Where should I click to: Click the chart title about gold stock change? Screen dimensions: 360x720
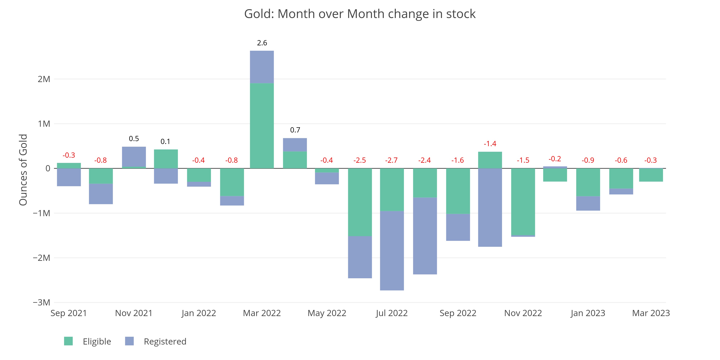[360, 14]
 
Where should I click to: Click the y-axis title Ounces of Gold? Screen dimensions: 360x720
[23, 170]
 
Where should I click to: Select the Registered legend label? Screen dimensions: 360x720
[165, 342]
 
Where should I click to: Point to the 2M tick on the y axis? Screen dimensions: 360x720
[44, 79]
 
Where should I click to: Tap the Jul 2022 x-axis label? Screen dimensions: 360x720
[391, 313]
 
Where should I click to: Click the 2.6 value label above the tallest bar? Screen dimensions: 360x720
[262, 43]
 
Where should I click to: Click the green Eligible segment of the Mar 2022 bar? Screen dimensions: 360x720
[262, 126]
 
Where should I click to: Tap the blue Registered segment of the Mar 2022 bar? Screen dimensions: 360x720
[262, 67]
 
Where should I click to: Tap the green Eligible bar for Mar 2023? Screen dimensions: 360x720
[651, 175]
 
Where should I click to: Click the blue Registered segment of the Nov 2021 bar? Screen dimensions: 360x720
[134, 157]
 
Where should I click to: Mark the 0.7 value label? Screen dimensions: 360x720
[295, 130]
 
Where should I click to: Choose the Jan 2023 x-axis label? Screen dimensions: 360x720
[588, 313]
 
